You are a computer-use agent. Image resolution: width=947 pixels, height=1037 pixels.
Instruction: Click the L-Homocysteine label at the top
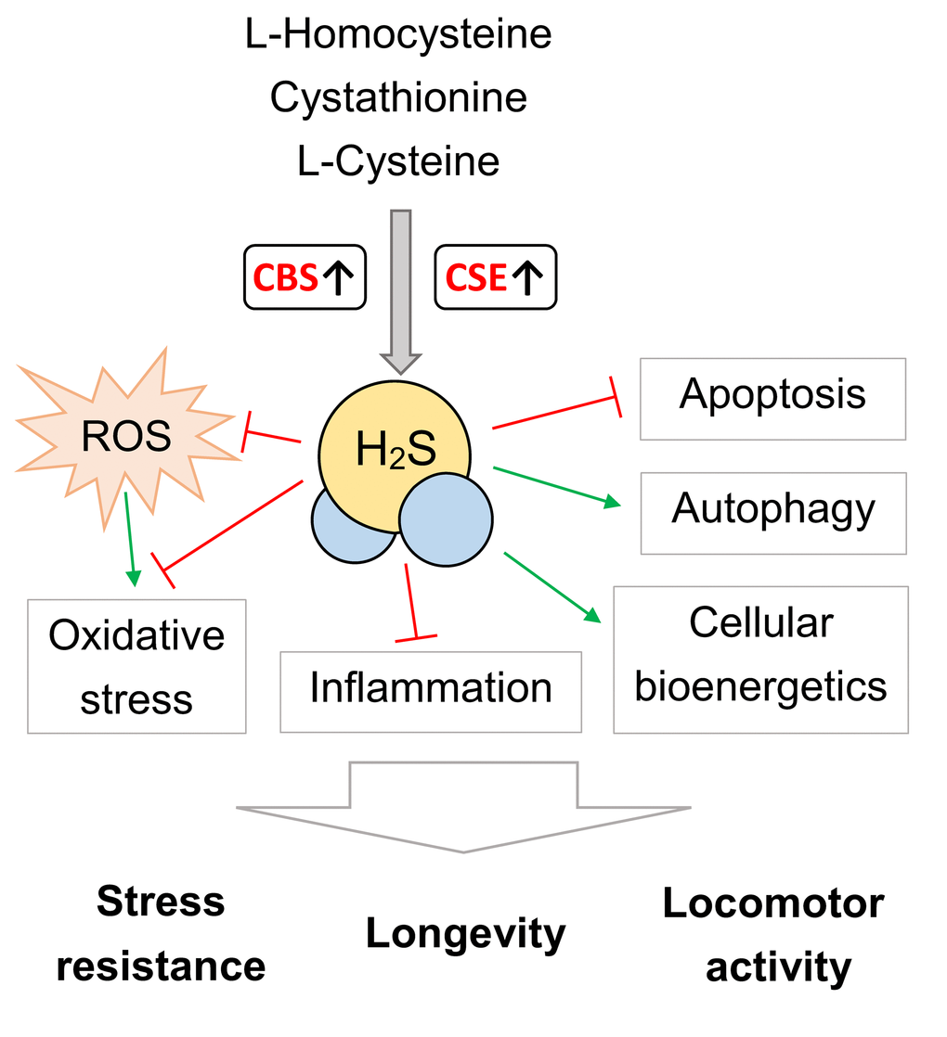tap(398, 34)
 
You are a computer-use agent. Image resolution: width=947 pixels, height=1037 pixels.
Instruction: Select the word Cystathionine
tap(398, 97)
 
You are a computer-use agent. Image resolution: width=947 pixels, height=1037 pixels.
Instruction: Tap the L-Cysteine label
tap(398, 161)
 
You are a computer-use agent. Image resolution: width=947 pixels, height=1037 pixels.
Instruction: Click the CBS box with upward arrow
tap(305, 276)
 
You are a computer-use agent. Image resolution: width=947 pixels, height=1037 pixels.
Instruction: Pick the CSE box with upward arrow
tap(495, 276)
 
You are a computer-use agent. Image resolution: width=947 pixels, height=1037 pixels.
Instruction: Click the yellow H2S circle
tap(394, 450)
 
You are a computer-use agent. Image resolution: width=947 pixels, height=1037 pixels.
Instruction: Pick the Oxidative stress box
tap(136, 666)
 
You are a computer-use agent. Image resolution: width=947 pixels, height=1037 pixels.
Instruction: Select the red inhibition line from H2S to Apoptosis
tap(555, 412)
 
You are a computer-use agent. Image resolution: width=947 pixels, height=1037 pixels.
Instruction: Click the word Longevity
tap(465, 933)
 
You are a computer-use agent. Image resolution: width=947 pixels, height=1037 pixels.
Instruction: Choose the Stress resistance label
tap(161, 934)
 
